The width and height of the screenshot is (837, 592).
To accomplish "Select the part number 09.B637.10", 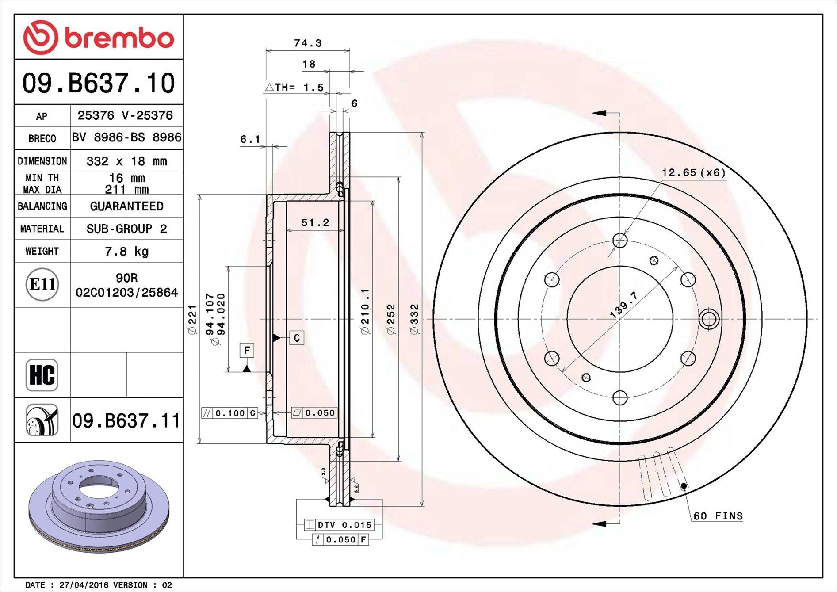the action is point(99,83).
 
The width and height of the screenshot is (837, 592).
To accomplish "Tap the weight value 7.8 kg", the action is point(126,252).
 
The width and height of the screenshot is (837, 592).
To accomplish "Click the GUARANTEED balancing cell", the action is point(126,206).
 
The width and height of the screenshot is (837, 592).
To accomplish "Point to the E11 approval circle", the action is point(42,284).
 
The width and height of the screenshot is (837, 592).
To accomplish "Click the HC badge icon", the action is point(42,375).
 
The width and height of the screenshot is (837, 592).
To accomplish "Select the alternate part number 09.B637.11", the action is point(126,420).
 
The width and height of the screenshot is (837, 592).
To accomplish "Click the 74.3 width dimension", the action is point(308,43).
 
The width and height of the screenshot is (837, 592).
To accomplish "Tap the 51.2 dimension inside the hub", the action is point(315,222).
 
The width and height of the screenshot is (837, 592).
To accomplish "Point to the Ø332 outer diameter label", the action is point(414,319).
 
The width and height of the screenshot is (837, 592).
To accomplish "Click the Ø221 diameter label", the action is point(192,319).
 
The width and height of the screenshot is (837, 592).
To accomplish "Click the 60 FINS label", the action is point(718,516).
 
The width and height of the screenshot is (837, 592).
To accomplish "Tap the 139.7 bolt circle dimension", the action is point(623,304).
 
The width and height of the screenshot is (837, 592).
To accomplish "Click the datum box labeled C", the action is point(297,338).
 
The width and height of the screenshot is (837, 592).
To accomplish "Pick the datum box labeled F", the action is point(247,350).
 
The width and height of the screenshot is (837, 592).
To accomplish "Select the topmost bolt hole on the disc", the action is point(620,241).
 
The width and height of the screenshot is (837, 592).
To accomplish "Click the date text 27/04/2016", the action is point(84,585).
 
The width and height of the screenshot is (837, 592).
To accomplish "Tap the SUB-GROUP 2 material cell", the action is point(126,229).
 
